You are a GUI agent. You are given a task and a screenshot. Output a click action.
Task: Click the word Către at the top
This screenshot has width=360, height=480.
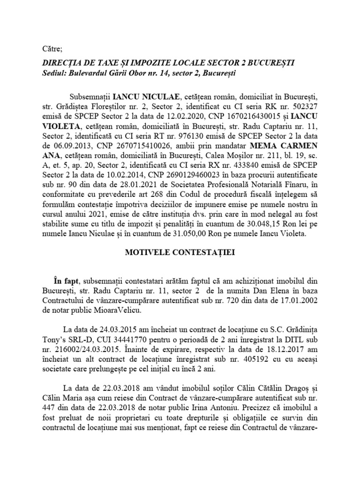point(41,48)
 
